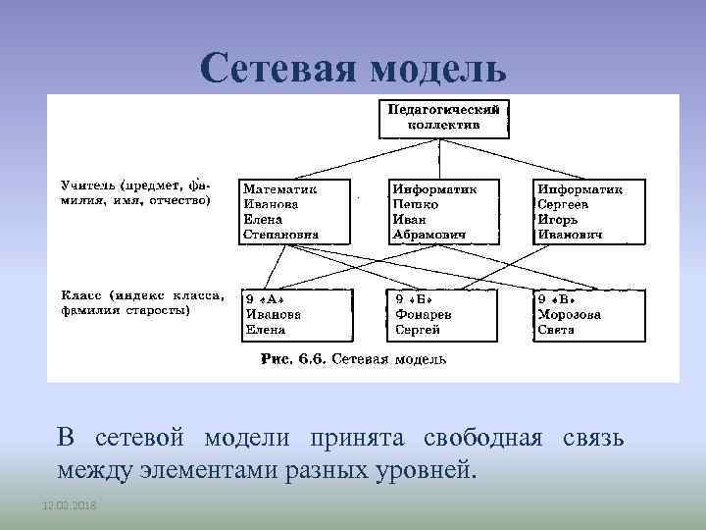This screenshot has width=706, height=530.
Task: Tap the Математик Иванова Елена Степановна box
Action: pyautogui.click(x=292, y=211)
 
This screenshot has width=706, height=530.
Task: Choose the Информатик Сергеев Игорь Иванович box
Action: pyautogui.click(x=589, y=211)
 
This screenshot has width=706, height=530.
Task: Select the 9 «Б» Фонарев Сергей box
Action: pyautogui.click(x=441, y=314)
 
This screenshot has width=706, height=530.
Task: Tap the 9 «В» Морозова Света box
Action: pyautogui.click(x=589, y=314)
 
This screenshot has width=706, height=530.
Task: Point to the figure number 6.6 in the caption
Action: pyautogui.click(x=313, y=360)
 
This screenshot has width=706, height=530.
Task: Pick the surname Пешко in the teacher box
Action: pyautogui.click(x=416, y=204)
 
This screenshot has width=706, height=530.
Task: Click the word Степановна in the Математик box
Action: pyautogui.click(x=281, y=235)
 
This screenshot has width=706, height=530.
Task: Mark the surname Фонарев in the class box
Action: pyautogui.click(x=423, y=315)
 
